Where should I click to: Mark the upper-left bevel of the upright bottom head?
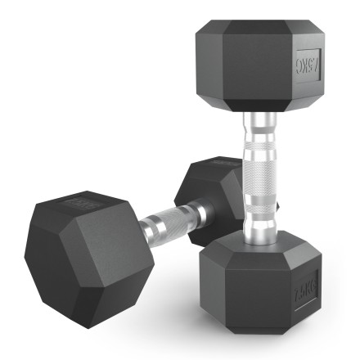click(x=217, y=245)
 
